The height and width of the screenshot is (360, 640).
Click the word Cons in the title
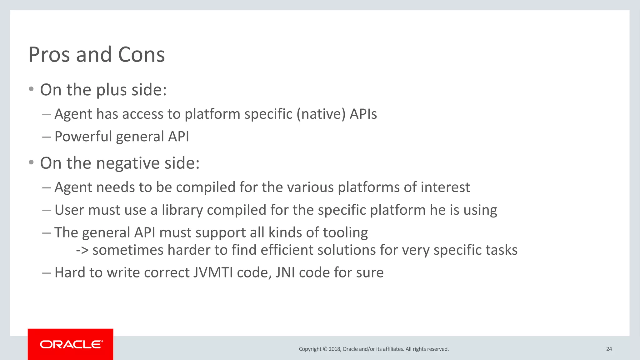click(141, 55)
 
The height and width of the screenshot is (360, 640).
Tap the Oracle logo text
click(71, 344)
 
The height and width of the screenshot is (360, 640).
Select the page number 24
click(609, 349)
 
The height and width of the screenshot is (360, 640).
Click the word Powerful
click(83, 137)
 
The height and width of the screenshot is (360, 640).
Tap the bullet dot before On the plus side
click(31, 89)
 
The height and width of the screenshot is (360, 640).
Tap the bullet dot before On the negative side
click(31, 162)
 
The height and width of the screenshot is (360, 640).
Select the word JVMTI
click(213, 272)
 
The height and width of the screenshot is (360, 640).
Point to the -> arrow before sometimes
click(82, 250)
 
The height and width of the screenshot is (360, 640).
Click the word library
click(182, 210)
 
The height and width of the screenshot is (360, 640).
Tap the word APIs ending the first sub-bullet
click(363, 114)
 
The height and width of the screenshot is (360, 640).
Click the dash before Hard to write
click(46, 273)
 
